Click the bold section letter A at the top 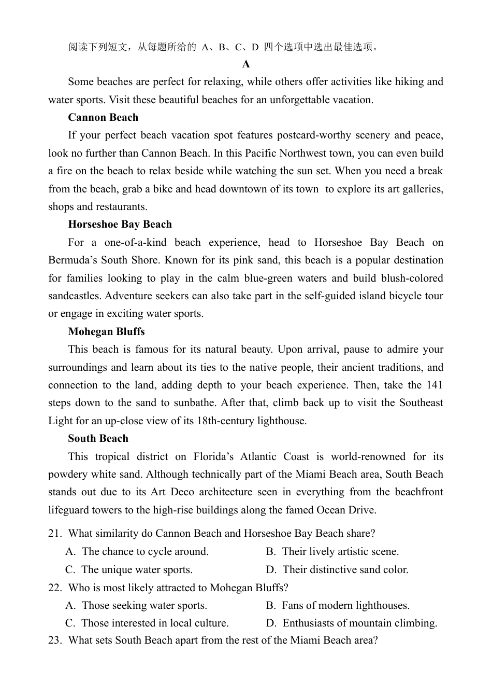[x=246, y=64]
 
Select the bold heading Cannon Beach [x=103, y=118]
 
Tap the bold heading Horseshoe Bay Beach [x=120, y=225]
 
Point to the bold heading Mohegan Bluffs [x=106, y=332]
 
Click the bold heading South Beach [x=98, y=439]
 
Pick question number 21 [x=54, y=534]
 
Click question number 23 [x=54, y=641]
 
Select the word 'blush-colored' [x=409, y=279]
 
